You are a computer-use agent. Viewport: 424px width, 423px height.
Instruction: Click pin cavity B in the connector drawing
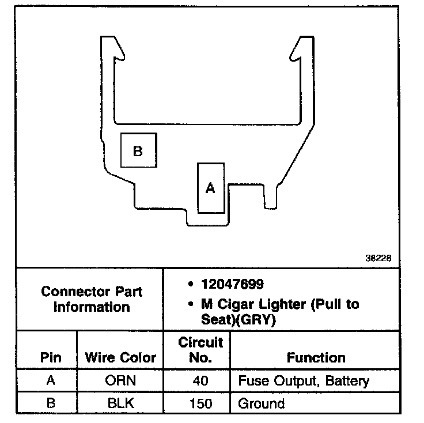[138, 150]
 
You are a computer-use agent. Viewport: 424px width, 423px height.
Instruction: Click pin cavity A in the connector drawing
[210, 188]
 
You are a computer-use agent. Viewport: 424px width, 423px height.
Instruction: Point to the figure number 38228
[378, 259]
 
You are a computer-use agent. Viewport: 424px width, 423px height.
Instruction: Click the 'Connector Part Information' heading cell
[92, 299]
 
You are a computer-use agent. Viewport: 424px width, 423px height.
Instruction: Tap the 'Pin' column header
[51, 357]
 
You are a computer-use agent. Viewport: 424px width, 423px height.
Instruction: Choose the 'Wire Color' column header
[120, 357]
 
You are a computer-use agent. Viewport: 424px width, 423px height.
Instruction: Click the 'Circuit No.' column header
[200, 350]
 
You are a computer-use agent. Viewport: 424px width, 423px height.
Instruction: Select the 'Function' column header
[316, 357]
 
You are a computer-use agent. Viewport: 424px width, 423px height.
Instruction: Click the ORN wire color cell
[120, 381]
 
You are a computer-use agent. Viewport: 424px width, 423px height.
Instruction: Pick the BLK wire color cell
[120, 402]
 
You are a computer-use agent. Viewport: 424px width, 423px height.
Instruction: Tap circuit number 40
[200, 381]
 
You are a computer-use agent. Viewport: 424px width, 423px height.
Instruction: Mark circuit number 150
[200, 402]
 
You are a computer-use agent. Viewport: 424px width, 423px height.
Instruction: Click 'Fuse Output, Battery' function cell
[304, 381]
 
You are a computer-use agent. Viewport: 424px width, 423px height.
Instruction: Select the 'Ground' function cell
[261, 402]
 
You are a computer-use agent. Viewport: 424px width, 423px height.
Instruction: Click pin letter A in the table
[51, 381]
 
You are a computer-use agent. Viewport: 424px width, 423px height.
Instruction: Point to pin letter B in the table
[51, 402]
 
